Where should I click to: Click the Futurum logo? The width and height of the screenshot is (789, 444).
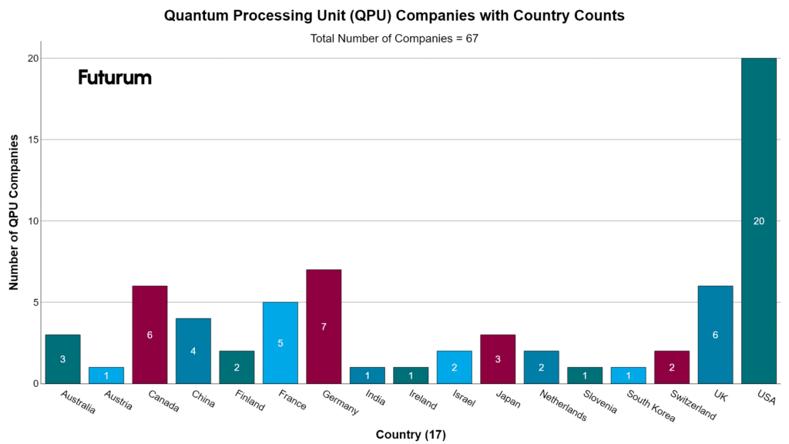coord(115,77)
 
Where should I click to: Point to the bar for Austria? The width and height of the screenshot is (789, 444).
coord(106,375)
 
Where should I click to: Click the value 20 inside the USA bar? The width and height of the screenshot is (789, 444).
coord(759,221)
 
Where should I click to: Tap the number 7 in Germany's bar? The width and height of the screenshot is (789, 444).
coord(324,327)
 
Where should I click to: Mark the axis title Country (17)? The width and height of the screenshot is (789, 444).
coord(411,435)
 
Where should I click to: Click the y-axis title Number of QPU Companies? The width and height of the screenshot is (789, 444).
coord(14,212)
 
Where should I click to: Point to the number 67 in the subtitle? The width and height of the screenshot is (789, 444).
coord(472,38)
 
